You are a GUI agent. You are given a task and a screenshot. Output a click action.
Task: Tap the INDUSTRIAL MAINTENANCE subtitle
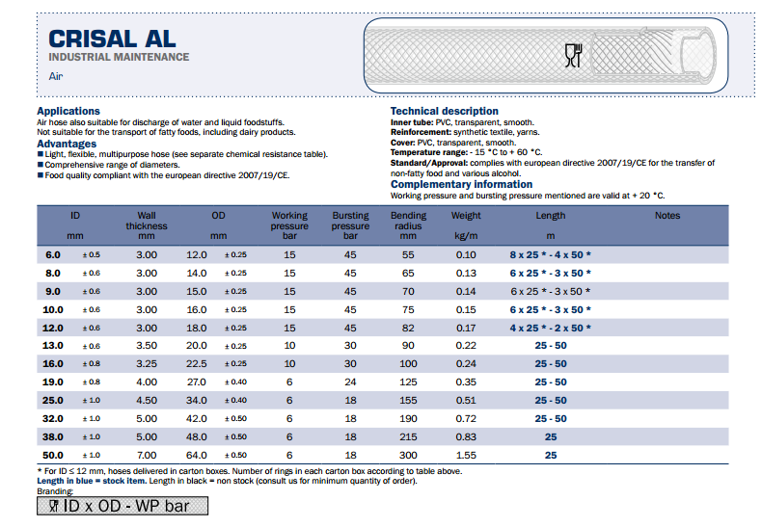pos(119,58)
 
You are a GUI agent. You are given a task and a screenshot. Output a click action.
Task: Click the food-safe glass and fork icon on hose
pos(572,56)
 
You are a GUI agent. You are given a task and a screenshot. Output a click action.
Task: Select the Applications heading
pos(68,112)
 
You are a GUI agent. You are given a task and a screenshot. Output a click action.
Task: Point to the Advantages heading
pos(67,144)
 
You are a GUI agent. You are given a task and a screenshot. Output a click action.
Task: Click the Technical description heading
pos(445,112)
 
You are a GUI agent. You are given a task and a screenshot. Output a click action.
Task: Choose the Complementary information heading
pos(461,184)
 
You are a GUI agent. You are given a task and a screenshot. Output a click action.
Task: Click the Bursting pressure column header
pos(350,225)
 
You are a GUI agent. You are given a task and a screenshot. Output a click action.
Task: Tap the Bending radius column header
pos(408,225)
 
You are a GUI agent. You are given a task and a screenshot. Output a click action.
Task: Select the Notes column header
pos(667,216)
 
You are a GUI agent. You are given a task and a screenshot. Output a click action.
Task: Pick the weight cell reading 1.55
pos(466,455)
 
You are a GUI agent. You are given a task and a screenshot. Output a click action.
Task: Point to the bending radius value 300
pos(408,455)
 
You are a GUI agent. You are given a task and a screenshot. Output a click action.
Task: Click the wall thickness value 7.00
pos(147,455)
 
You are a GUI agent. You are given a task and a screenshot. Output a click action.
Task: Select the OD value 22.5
pos(197,363)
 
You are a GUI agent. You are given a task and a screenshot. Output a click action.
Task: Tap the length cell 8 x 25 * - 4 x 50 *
pos(551,254)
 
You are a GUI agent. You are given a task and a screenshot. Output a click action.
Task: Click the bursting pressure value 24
pos(350,382)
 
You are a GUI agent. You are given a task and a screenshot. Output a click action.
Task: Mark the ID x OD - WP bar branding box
pos(122,506)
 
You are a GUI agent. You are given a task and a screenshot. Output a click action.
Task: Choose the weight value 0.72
pos(466,418)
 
